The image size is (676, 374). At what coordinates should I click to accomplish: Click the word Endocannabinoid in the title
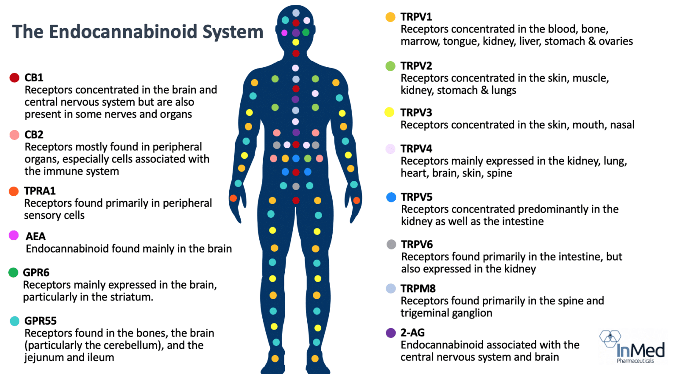123,31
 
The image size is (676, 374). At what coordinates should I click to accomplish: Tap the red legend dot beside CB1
14,78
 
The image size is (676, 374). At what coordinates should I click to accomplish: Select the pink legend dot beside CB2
14,135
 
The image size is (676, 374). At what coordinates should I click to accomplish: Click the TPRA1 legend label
40,191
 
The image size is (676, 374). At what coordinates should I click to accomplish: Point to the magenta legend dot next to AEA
14,235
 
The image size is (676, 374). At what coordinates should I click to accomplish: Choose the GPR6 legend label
36,273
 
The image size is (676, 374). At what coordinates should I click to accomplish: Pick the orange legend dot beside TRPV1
390,17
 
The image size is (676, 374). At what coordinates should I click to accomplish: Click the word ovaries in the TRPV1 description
616,41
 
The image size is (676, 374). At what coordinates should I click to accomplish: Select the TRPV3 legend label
416,113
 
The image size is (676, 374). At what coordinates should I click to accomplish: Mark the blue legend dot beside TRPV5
391,197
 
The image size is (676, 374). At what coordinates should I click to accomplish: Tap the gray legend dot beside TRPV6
391,244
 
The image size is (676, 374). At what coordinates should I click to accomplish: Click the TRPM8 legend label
418,289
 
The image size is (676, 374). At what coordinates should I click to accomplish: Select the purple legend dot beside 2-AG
391,333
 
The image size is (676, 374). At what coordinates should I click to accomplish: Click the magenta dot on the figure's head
284,33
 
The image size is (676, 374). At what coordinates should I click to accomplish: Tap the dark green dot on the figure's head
306,32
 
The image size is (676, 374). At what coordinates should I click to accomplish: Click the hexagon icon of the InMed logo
610,338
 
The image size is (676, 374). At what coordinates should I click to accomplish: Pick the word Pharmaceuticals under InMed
635,361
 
